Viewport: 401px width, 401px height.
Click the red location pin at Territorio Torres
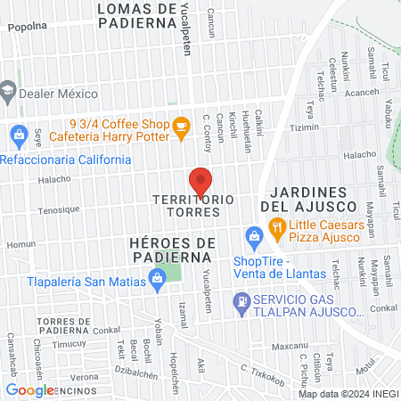(x=200, y=180)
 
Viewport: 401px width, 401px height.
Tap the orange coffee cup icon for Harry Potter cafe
(x=181, y=127)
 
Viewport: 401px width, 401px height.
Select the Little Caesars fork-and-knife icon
(x=277, y=228)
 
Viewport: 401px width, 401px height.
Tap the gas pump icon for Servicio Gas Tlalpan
(x=240, y=304)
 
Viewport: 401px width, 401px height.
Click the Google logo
(x=29, y=389)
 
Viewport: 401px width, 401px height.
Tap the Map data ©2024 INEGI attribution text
(x=348, y=393)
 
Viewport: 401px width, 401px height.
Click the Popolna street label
(x=26, y=27)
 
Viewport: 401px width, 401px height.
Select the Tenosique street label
(x=59, y=212)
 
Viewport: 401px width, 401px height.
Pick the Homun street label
(x=20, y=244)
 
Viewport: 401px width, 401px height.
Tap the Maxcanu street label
(x=290, y=346)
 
